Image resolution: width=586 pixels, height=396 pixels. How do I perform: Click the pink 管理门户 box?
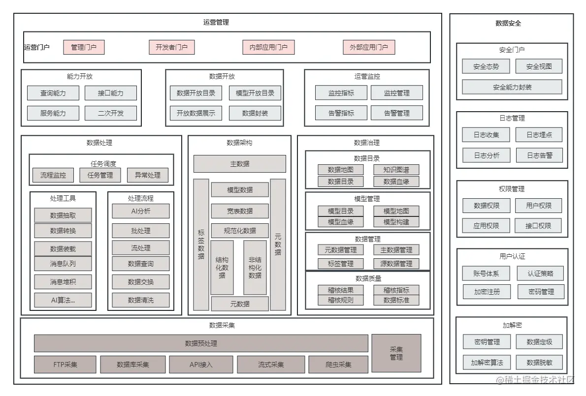click(x=84, y=47)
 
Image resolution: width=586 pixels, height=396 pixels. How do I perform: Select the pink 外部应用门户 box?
click(x=369, y=47)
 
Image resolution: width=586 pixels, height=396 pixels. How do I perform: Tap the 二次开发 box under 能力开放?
click(x=111, y=113)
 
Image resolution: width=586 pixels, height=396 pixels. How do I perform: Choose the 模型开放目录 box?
click(x=255, y=93)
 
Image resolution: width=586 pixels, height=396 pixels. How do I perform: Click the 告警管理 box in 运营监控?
click(x=396, y=113)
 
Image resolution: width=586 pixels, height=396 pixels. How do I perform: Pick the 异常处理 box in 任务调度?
click(x=147, y=175)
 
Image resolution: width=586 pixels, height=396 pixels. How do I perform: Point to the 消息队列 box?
click(x=63, y=264)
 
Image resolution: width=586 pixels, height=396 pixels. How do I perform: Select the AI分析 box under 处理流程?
click(x=141, y=211)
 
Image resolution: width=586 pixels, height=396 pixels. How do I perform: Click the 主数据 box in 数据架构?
click(x=240, y=164)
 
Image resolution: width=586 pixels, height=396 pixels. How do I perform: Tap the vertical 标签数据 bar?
click(x=201, y=244)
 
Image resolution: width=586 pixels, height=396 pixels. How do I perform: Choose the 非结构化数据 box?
click(x=255, y=267)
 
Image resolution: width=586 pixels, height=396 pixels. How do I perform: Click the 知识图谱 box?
click(x=396, y=170)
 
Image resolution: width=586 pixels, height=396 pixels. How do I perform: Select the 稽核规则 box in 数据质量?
click(x=341, y=300)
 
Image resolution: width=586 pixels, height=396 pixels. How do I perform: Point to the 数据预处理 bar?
click(x=201, y=343)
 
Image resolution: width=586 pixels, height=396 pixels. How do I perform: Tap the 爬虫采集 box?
click(x=338, y=365)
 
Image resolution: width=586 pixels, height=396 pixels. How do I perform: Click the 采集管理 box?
click(x=396, y=353)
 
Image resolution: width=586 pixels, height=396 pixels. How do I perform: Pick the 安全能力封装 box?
click(x=512, y=87)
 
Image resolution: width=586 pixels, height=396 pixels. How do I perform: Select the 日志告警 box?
click(x=540, y=155)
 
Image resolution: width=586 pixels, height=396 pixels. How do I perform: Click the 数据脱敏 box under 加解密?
click(x=540, y=363)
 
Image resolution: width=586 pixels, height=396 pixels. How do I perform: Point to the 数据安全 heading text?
click(x=508, y=23)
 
